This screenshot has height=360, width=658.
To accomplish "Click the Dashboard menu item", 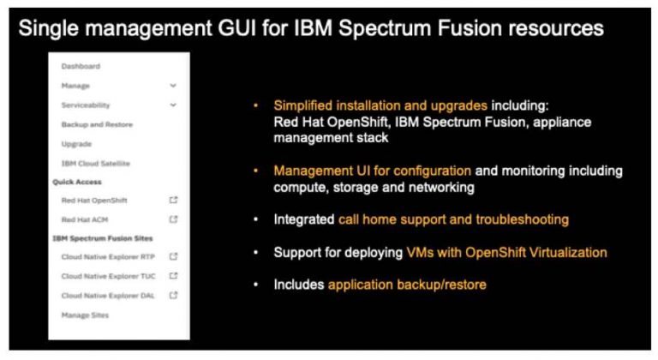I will pos(81,66).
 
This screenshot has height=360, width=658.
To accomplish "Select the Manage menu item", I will pos(75,86).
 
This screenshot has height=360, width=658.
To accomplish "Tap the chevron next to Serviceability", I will pos(174,105).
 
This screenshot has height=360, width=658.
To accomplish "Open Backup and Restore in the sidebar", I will pos(97,124).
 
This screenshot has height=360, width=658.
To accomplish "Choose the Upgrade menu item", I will pos(76,144).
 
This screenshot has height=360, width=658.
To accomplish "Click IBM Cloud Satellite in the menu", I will pos(95,163).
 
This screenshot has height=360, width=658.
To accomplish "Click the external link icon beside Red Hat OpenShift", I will pos(174,200).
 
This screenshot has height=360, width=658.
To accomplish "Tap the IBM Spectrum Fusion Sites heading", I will pos(107,238).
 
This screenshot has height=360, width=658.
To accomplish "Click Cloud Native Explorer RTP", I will pos(107,256).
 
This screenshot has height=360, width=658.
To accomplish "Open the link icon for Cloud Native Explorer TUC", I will pos(174,276).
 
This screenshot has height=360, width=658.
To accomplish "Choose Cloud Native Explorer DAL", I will pos(107,296).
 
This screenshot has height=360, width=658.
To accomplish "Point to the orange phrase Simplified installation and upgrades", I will pos(380,105).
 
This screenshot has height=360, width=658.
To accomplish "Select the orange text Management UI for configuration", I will pos(372,171).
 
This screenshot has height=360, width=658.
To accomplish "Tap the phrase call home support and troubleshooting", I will pos(453,220).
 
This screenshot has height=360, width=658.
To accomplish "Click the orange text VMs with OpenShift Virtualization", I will pos(505,252).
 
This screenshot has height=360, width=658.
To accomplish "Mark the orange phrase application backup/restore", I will pos(407,284).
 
